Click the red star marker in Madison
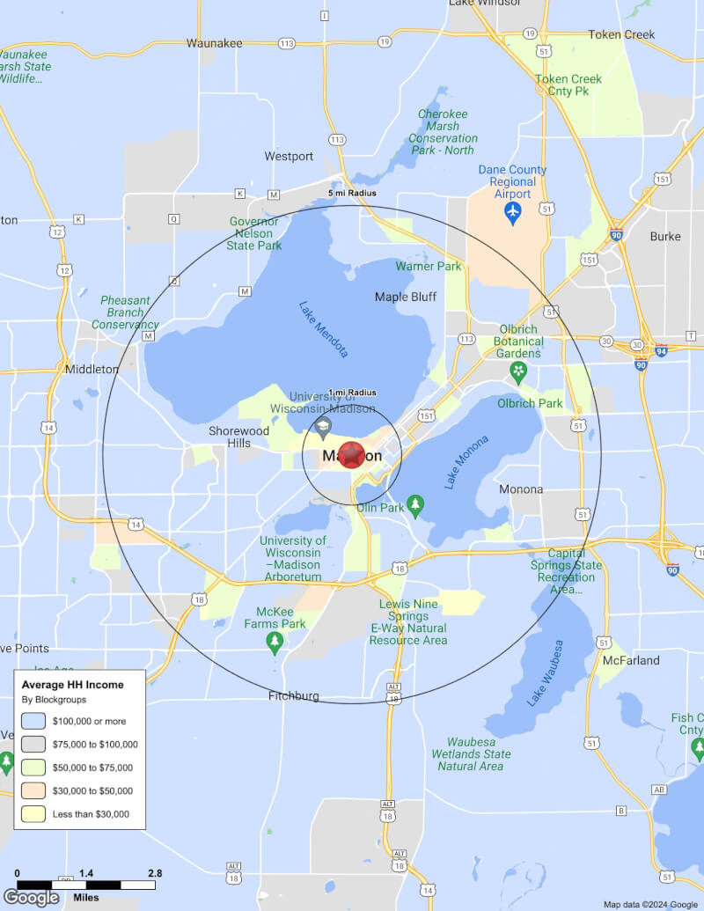(x=352, y=455)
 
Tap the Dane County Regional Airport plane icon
(x=513, y=212)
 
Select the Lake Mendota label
(x=324, y=330)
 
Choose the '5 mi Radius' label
(x=352, y=193)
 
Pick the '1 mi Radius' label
(x=352, y=393)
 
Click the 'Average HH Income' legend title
(x=72, y=684)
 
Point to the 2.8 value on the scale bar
(x=155, y=873)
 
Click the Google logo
(x=32, y=897)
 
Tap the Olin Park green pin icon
(x=416, y=506)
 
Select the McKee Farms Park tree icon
(x=275, y=643)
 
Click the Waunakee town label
(x=214, y=42)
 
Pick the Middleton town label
(x=92, y=370)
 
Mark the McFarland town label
(x=631, y=660)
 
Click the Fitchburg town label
(x=294, y=696)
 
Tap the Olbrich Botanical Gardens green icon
(x=518, y=372)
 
